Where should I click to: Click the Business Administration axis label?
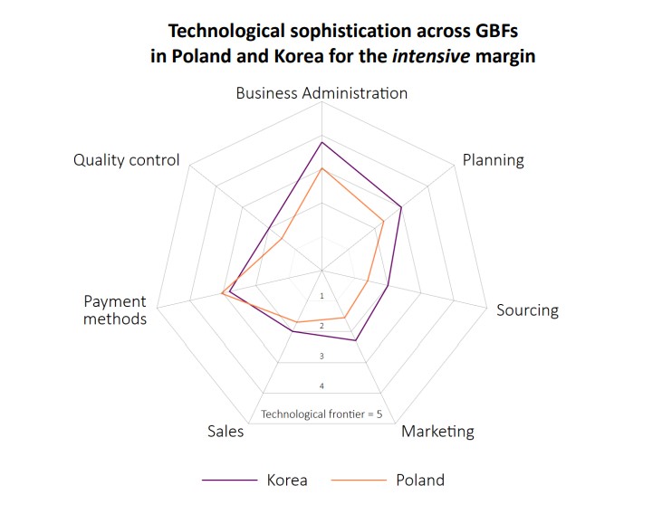point(321,93)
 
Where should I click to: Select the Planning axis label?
point(493,160)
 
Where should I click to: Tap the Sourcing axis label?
point(527,310)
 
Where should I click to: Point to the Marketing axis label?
point(437,431)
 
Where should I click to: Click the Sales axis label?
point(225,432)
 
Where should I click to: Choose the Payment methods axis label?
point(115,309)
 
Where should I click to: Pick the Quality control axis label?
point(127,160)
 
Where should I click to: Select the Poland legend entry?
point(419,480)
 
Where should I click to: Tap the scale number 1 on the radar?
point(322,296)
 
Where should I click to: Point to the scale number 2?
point(322,326)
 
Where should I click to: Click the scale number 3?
point(322,357)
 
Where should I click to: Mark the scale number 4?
point(322,386)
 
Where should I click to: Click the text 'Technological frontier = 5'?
point(322,414)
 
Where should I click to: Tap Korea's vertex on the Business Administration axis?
point(322,142)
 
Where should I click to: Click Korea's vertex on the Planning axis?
point(400,207)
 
